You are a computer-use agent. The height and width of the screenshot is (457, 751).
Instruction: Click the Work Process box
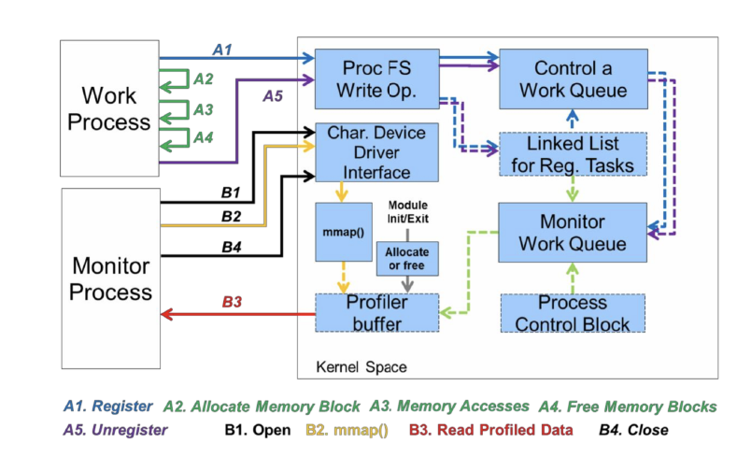pyautogui.click(x=108, y=107)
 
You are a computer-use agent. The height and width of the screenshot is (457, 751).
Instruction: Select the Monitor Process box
pyautogui.click(x=108, y=278)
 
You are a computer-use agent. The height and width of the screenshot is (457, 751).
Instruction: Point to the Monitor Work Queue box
pyautogui.click(x=574, y=234)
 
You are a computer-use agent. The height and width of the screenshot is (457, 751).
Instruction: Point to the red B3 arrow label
pyautogui.click(x=233, y=302)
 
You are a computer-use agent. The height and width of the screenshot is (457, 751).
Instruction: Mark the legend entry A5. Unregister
pyautogui.click(x=115, y=430)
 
